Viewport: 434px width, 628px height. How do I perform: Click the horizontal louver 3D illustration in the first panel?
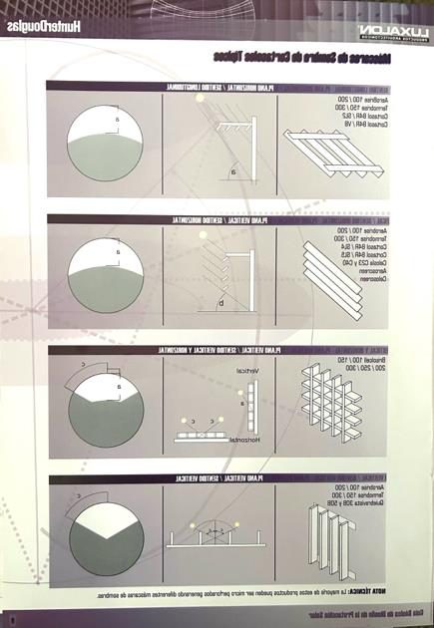point(329,154)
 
